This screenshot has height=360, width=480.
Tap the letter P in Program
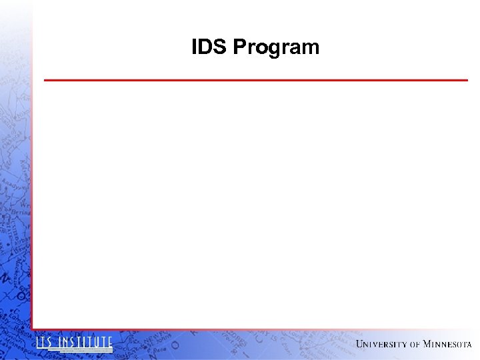(239, 47)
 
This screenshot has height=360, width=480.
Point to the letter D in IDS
(208, 47)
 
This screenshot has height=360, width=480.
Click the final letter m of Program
(311, 48)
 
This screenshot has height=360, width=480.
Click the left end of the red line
(45, 80)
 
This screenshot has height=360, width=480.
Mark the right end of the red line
(467, 80)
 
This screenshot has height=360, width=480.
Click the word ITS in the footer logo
(45, 343)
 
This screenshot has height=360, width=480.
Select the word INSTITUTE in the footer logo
(85, 343)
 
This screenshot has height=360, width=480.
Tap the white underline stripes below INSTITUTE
(85, 351)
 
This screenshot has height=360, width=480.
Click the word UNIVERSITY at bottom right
(381, 344)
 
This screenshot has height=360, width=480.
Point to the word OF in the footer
(415, 345)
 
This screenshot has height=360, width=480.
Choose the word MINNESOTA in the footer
(447, 344)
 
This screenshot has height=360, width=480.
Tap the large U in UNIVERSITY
(360, 344)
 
